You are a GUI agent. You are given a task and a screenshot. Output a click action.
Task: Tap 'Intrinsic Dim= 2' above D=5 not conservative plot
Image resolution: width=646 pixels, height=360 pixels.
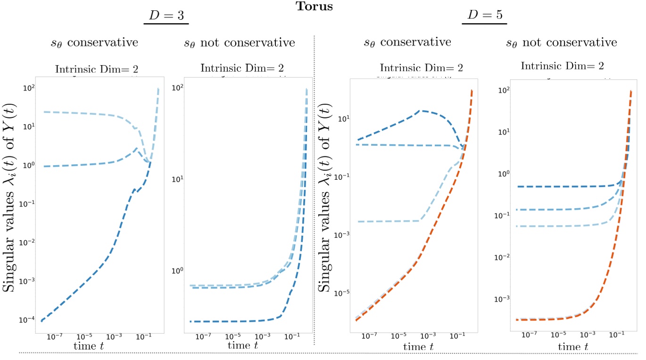[x=562, y=66]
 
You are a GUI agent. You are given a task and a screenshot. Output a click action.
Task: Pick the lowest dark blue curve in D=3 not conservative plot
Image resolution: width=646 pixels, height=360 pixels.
[x=236, y=321]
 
